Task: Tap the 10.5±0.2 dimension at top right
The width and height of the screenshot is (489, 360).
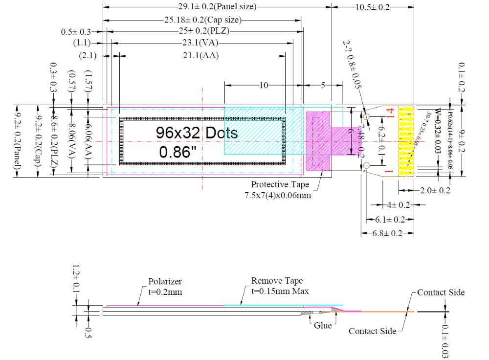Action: tap(372, 7)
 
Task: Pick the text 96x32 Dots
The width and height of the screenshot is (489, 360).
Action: tap(197, 133)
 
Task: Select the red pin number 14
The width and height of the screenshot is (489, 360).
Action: tap(390, 112)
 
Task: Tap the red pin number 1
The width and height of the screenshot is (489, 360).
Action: tap(390, 172)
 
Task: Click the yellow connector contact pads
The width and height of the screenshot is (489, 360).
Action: tap(406, 141)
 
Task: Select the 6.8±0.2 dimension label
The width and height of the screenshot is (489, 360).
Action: tap(388, 234)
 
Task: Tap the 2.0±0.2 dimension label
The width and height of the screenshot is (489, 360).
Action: tap(435, 190)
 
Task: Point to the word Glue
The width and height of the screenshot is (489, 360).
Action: tap(323, 325)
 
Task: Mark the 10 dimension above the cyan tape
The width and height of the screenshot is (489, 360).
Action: tap(264, 85)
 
